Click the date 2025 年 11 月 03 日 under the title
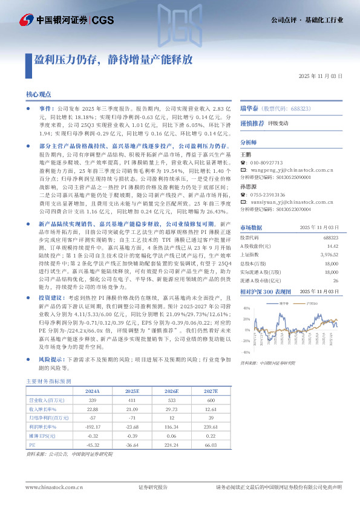tap(321, 77)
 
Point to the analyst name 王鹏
tap(246, 155)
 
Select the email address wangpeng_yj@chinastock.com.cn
tap(292, 170)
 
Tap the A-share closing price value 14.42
tap(332, 247)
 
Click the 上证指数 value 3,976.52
tap(330, 255)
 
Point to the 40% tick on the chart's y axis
tap(247, 291)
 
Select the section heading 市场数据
tap(252, 227)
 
